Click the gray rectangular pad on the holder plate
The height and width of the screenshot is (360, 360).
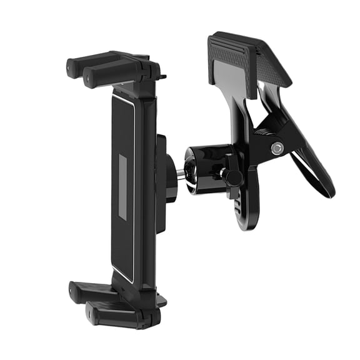[122, 187]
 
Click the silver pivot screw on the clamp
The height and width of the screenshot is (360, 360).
[275, 147]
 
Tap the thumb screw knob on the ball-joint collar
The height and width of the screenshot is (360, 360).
[234, 176]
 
